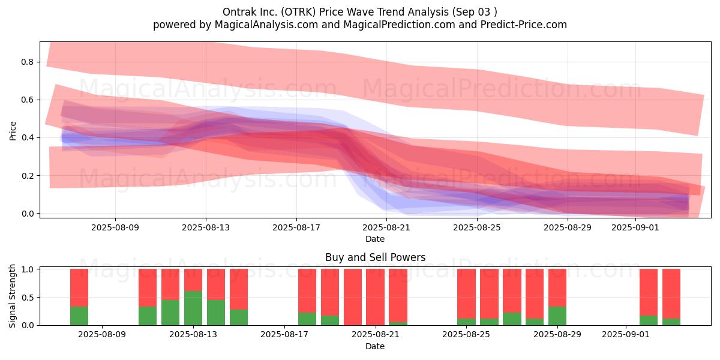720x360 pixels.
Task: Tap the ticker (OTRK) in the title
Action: [x=298, y=12]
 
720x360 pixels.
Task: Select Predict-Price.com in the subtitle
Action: [x=524, y=25]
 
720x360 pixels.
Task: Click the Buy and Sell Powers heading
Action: [x=375, y=257]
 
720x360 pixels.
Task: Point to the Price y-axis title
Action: [x=13, y=131]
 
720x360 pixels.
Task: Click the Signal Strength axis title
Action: [x=12, y=296]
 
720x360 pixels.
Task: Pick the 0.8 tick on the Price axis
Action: [x=28, y=62]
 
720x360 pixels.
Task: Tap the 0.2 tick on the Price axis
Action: [x=28, y=175]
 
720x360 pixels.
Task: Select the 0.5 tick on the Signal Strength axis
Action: [x=28, y=298]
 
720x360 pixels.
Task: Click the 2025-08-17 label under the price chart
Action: [x=296, y=227]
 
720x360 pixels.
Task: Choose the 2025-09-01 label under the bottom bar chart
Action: [x=625, y=334]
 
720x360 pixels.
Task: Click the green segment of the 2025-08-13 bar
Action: [x=193, y=308]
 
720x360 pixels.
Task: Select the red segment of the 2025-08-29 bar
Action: [x=557, y=287]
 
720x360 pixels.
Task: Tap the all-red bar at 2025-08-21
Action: [x=375, y=297]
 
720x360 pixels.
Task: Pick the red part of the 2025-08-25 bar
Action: [x=466, y=294]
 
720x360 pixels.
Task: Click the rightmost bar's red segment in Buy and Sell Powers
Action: [x=671, y=294]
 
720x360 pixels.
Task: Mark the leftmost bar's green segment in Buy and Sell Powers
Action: [x=79, y=316]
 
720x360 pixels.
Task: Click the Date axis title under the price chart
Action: [x=375, y=239]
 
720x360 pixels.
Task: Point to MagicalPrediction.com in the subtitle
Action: [x=399, y=25]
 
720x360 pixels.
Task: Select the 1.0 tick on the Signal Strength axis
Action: [x=28, y=269]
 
